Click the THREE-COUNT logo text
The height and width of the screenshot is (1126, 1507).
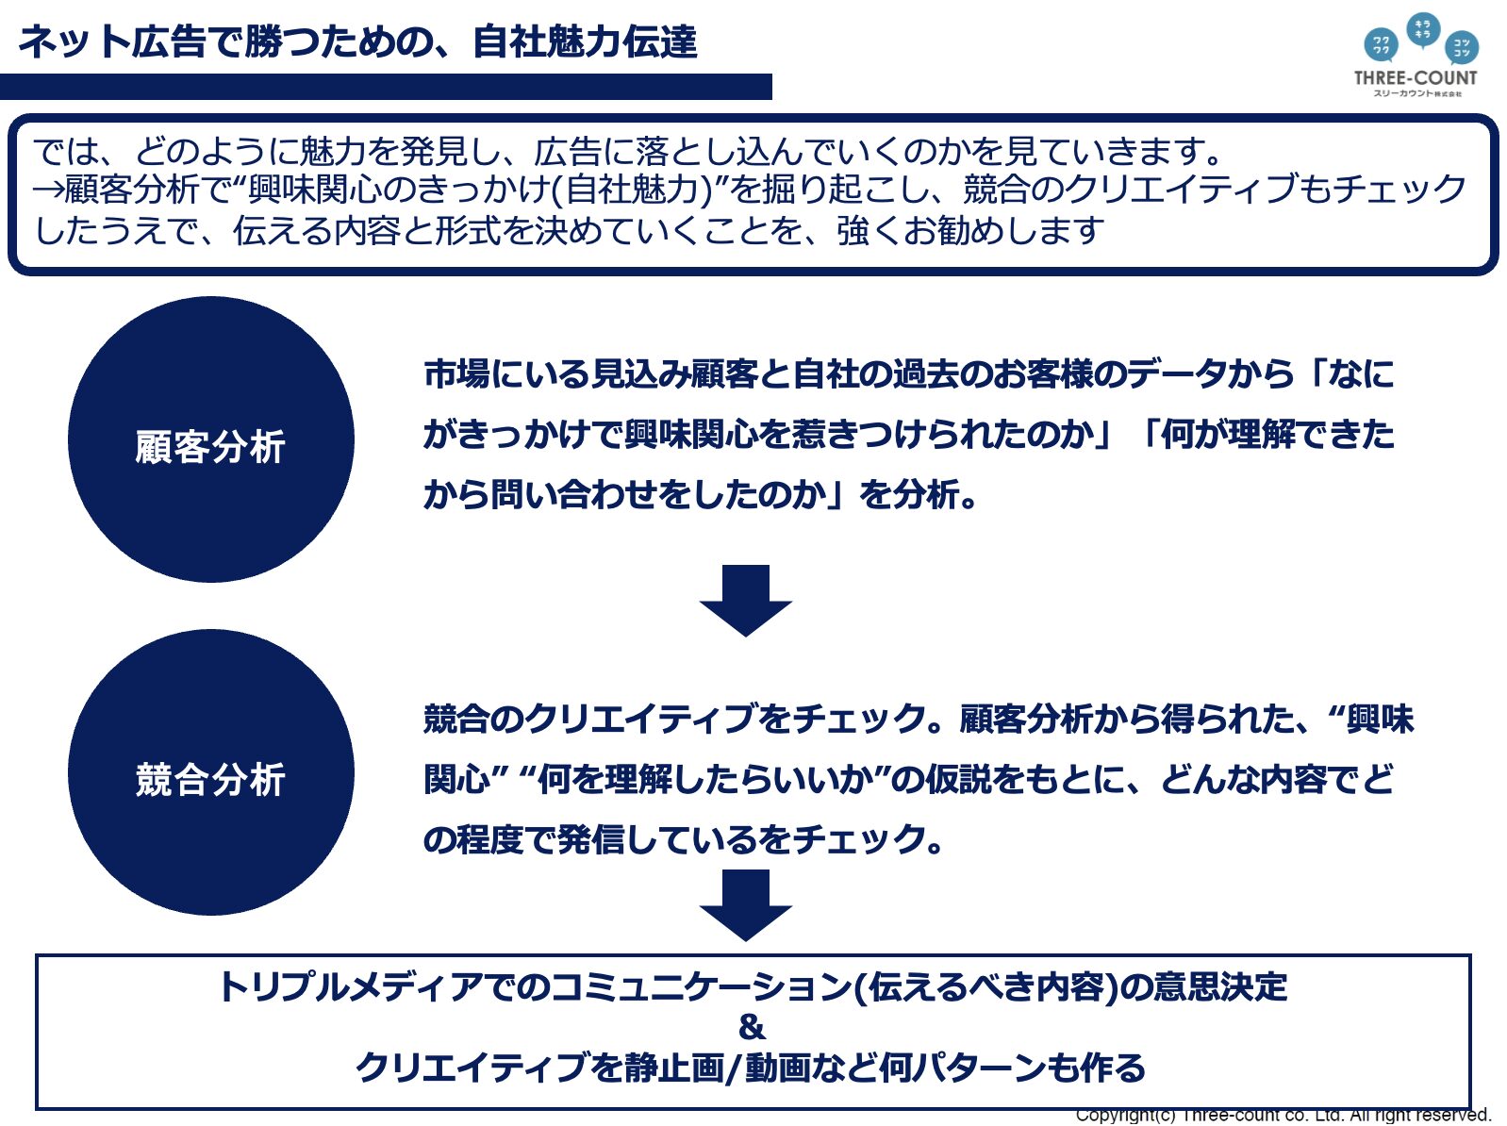point(1415,78)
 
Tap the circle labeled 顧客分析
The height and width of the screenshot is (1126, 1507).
point(210,439)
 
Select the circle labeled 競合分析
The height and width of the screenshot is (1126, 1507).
point(210,772)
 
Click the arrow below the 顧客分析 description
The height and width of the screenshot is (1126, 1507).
point(745,601)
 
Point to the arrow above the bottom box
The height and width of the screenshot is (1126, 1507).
point(745,905)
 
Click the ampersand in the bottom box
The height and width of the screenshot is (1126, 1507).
point(752,1027)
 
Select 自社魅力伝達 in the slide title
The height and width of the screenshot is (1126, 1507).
point(584,42)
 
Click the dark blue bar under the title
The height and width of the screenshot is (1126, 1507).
point(386,87)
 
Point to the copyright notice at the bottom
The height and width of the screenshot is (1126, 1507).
point(1283,1116)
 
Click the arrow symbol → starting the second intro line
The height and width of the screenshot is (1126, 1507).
point(48,190)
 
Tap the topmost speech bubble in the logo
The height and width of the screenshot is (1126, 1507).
point(1423,29)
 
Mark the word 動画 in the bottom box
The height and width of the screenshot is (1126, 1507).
point(778,1068)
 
